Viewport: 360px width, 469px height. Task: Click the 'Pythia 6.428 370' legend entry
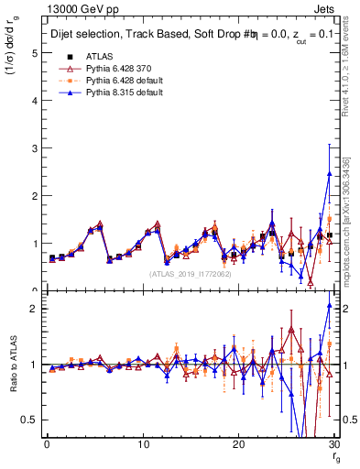coord(116,68)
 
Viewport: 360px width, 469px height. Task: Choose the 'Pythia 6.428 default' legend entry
coord(123,82)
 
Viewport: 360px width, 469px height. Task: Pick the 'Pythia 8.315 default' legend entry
coord(123,95)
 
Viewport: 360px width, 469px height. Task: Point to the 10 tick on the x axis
coord(143,445)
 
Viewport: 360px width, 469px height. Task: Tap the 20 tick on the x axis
coord(238,445)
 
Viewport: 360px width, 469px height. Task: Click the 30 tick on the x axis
coord(333,445)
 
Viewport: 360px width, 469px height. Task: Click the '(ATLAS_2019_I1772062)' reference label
coord(190,273)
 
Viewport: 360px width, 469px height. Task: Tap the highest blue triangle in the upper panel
coord(329,174)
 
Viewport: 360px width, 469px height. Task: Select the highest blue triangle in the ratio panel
coord(329,306)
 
